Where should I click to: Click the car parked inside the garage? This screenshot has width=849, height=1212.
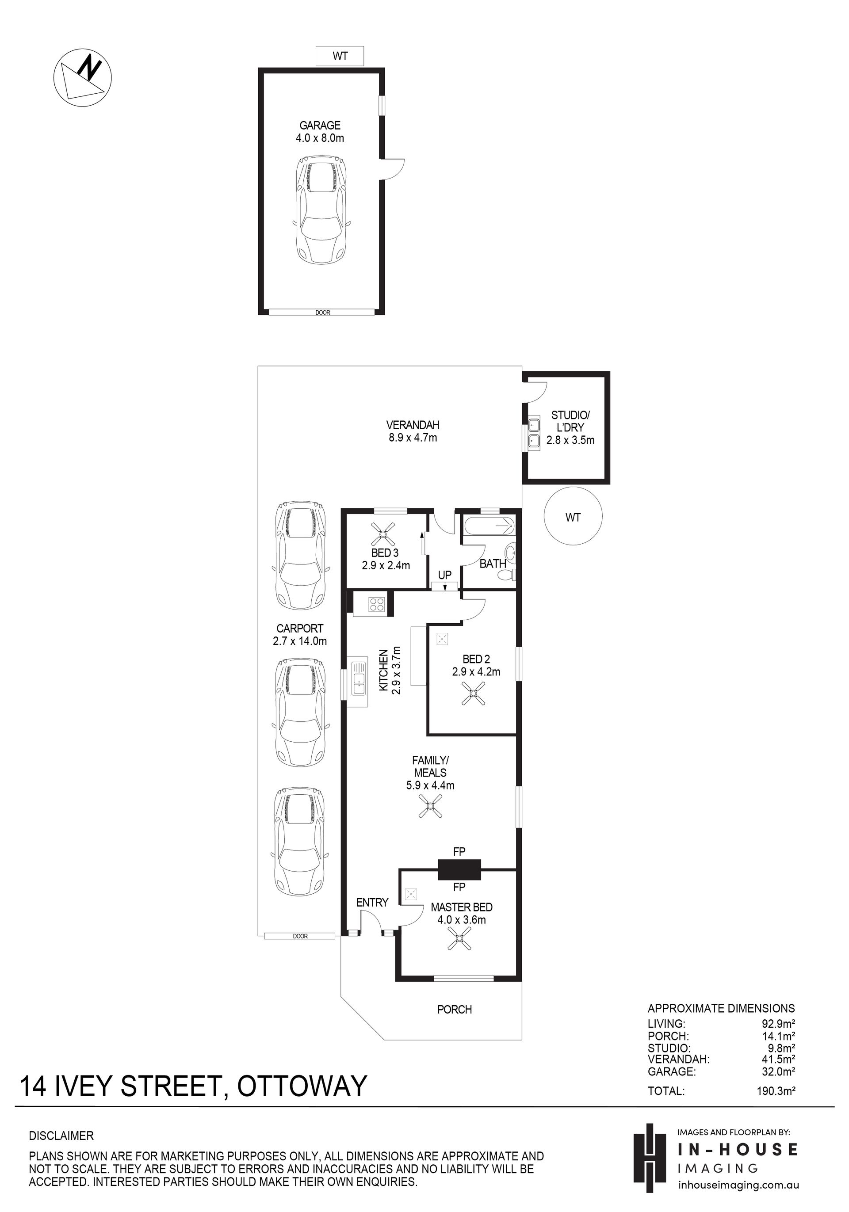(321, 210)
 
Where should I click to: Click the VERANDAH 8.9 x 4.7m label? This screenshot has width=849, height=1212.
(413, 431)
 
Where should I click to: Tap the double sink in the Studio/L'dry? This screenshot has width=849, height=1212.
(534, 432)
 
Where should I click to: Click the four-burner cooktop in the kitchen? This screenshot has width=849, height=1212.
(376, 604)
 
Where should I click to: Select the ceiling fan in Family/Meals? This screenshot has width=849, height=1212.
(430, 806)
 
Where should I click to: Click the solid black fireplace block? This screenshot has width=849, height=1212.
(459, 869)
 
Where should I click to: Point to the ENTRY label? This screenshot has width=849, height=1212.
(372, 902)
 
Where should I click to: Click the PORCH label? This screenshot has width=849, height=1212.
(455, 1009)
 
